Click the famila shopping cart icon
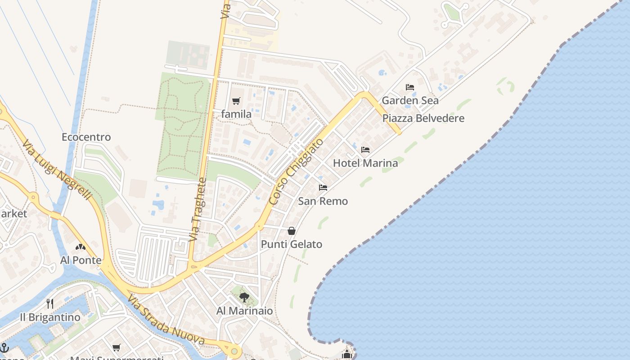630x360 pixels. tap(236, 101)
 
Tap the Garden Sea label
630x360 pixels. tap(410, 100)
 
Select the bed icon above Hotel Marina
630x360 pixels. tap(365, 149)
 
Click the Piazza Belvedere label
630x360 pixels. tap(423, 118)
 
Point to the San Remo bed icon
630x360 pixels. tap(323, 188)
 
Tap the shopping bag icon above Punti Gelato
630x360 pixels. tap(292, 231)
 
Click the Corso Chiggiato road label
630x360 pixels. tap(296, 172)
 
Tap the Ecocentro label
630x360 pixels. tap(86, 137)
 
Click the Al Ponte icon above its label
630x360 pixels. tap(81, 247)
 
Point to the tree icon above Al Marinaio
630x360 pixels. tap(244, 297)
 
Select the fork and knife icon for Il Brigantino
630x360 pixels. tap(50, 304)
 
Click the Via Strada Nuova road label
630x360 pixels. tap(166, 320)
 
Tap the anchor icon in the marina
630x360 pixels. tap(4, 347)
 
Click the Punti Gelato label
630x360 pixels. tap(292, 244)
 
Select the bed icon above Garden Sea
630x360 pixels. tap(410, 87)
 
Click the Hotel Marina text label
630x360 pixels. tap(365, 163)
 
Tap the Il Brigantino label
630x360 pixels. tap(50, 317)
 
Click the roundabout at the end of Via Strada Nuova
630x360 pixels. tap(234, 351)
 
